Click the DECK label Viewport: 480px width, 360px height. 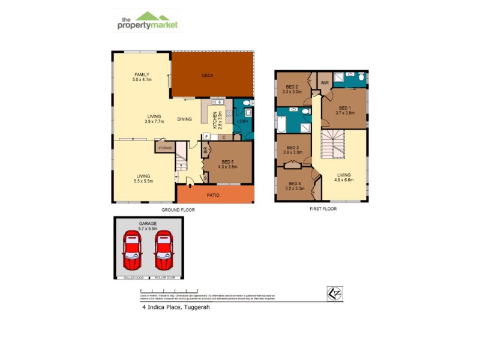point(208,76)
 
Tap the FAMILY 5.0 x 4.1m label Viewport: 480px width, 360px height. point(142,77)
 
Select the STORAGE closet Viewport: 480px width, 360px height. point(164,146)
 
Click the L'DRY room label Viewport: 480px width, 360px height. point(243,122)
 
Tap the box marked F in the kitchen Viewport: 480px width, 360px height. point(206,137)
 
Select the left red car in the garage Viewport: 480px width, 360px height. point(132,251)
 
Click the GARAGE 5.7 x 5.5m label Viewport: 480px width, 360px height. point(148,226)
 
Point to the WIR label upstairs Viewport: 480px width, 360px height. point(324,82)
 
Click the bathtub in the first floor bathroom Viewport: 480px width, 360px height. point(281,124)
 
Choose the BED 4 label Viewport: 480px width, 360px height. point(294,186)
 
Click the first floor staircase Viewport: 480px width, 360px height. point(332,146)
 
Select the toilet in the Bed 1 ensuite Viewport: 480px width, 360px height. point(361,77)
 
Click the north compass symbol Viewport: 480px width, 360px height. point(334,292)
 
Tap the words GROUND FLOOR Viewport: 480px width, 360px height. point(178,210)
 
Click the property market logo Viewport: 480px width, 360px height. point(148,20)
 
